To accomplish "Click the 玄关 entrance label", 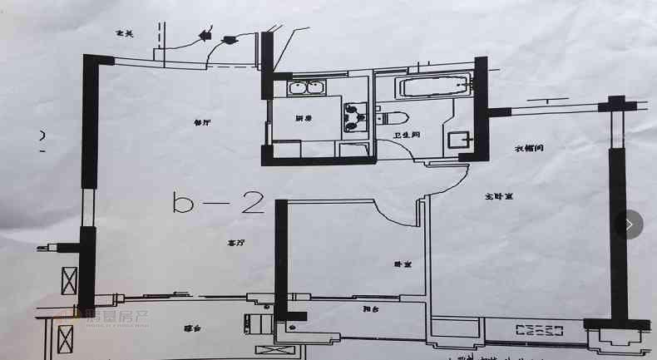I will (125, 32).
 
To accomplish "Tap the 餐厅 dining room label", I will (202, 122).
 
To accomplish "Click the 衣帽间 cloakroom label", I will (529, 149).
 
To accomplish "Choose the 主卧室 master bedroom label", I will (498, 197).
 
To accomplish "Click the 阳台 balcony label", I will (371, 309).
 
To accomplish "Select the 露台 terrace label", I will (194, 328).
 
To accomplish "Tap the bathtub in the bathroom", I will (435, 86).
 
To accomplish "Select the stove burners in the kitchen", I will (356, 116).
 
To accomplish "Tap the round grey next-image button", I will (630, 224).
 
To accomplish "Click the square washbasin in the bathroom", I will (457, 140).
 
